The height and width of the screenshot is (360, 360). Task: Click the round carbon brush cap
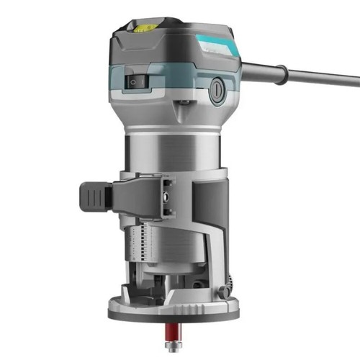tap(216, 91)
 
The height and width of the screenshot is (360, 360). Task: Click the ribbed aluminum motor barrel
tap(173, 151)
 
